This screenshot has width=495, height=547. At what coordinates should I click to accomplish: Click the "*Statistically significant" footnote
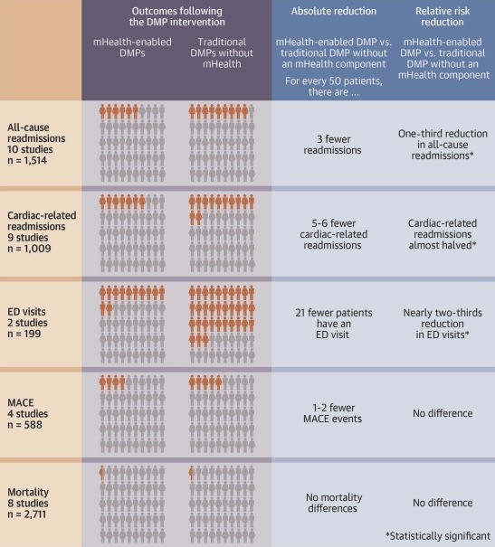coord(443,535)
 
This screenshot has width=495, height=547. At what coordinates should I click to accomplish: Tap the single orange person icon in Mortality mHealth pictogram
coord(101,471)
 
